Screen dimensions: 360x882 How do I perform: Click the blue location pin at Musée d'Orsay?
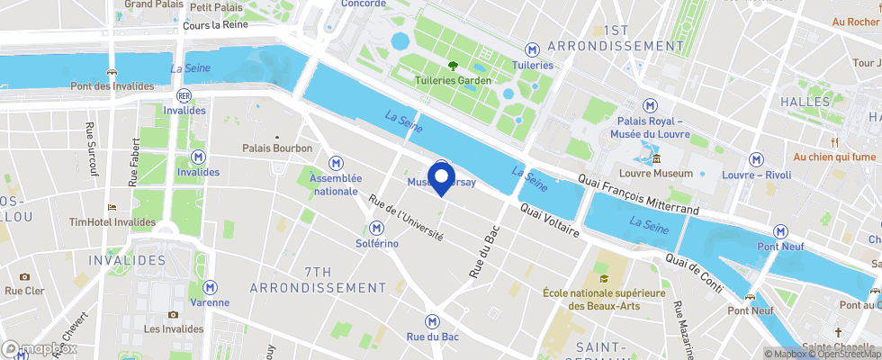441,175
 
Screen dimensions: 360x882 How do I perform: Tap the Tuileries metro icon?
532,49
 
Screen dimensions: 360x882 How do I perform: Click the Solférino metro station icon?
375,229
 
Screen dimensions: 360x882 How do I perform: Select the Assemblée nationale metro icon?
336,163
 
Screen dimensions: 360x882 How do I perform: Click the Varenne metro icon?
210,286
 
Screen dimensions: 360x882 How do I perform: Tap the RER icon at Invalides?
184,94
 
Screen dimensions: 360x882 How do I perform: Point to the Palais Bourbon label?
277,148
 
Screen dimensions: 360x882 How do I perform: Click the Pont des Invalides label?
112,86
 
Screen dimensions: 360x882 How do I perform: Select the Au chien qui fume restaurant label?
834,156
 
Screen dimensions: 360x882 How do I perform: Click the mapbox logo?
40,348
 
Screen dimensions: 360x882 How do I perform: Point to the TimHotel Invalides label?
112,221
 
